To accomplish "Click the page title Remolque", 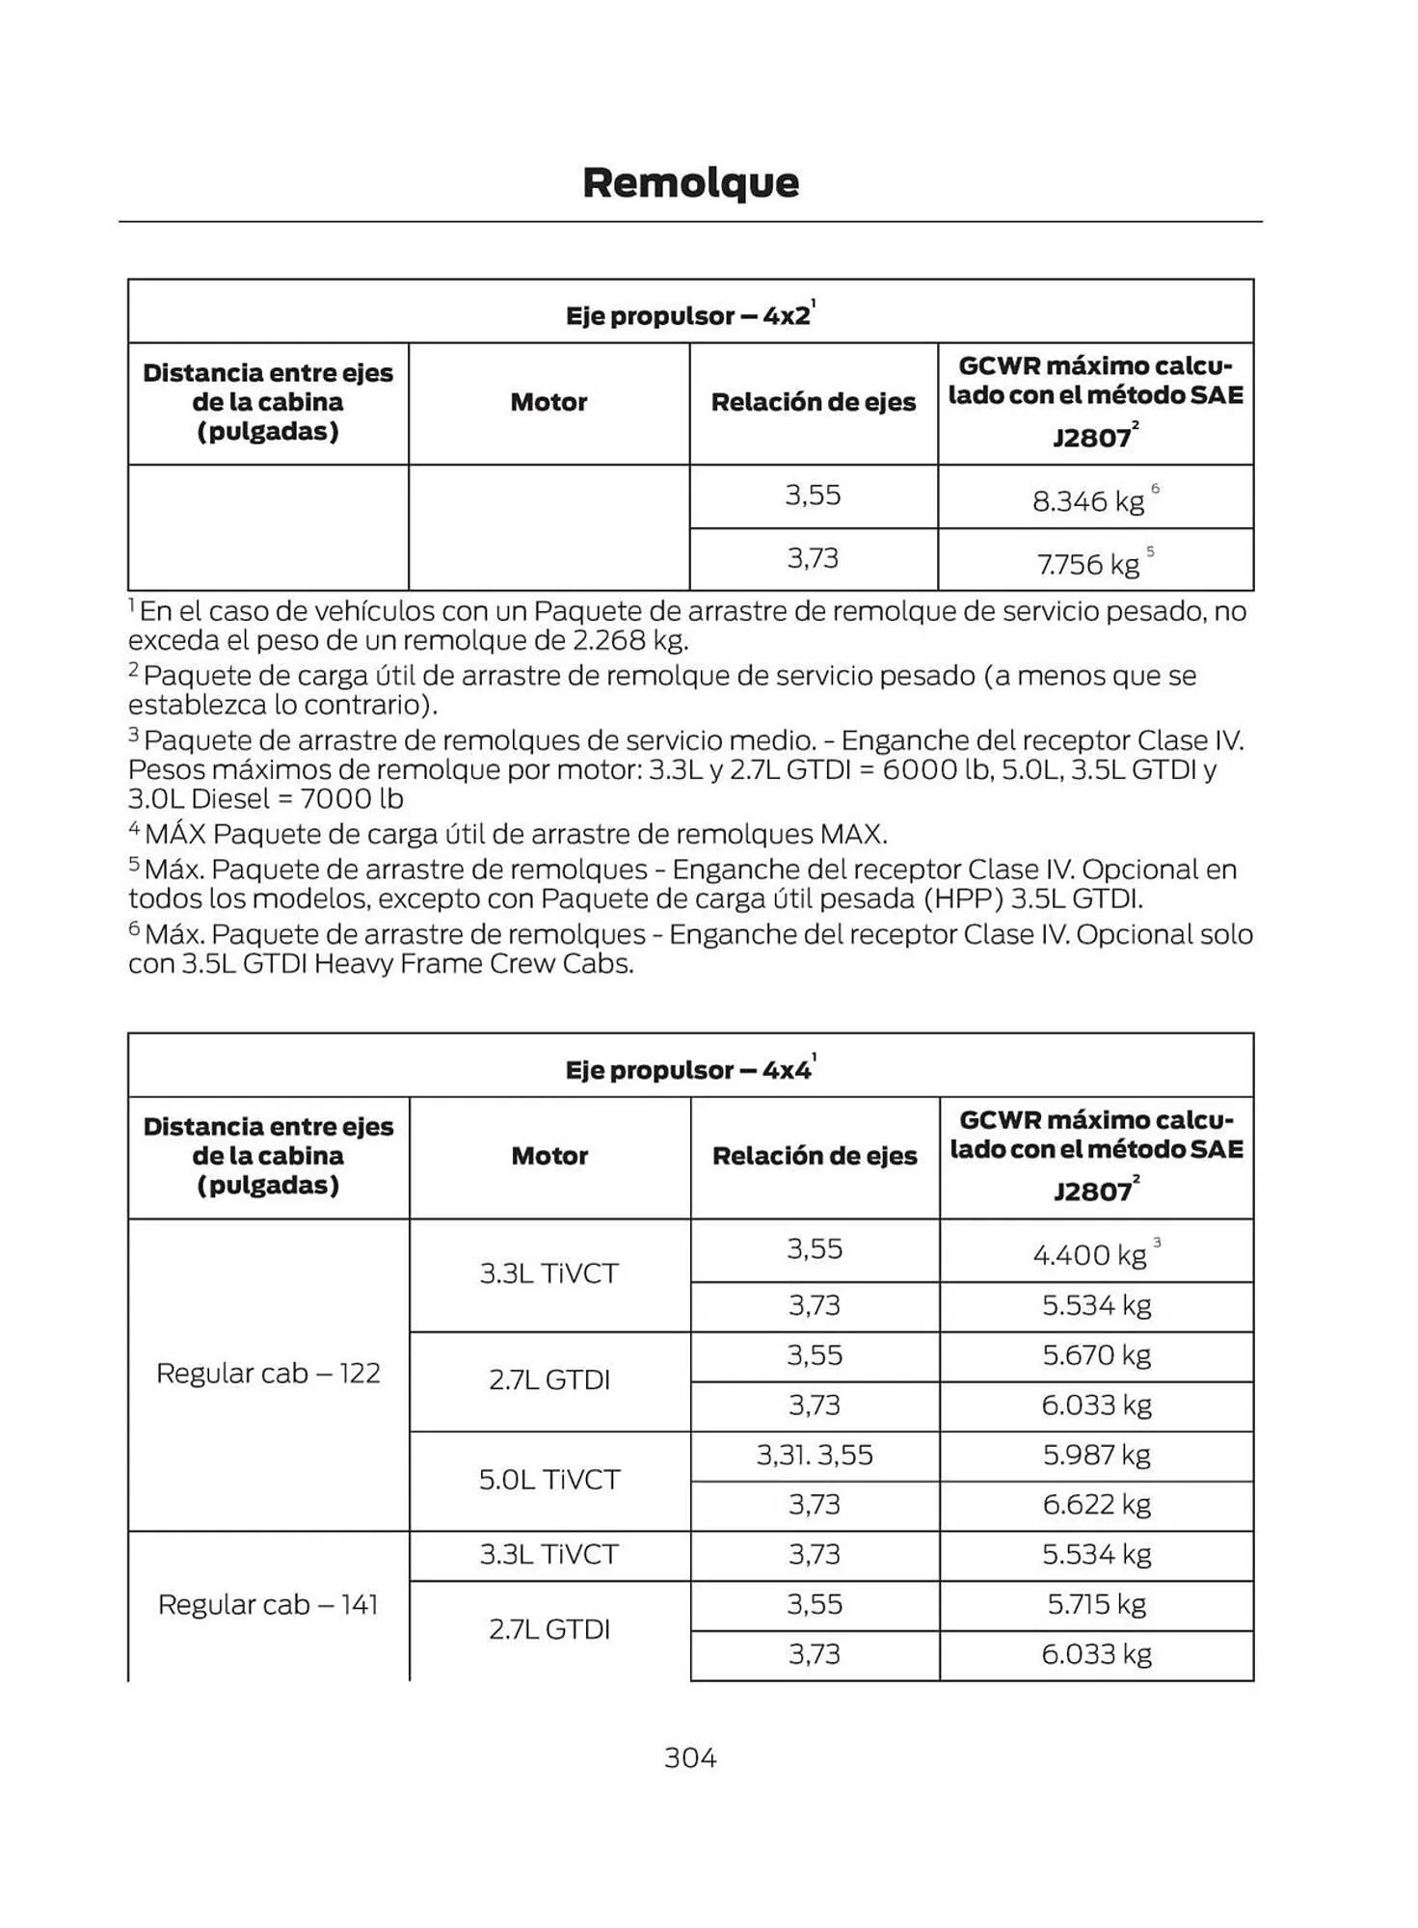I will pos(690,183).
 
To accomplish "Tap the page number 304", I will pos(690,1757).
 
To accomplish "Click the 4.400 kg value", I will pos(1089,1254).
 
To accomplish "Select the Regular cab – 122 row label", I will pos(268,1373).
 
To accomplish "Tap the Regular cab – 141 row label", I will pos(268,1604).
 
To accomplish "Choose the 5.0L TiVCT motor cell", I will pos(548,1479).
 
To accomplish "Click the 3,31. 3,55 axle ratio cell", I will pos(815,1455).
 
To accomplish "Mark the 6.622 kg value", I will pos(1097,1504).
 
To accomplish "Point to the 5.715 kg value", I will pos(1097,1604).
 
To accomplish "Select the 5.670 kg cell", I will pos(1097,1355).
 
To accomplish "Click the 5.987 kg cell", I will pos(1097,1455).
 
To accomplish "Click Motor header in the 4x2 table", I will pos(548,402).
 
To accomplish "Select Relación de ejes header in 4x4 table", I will pos(815,1156).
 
